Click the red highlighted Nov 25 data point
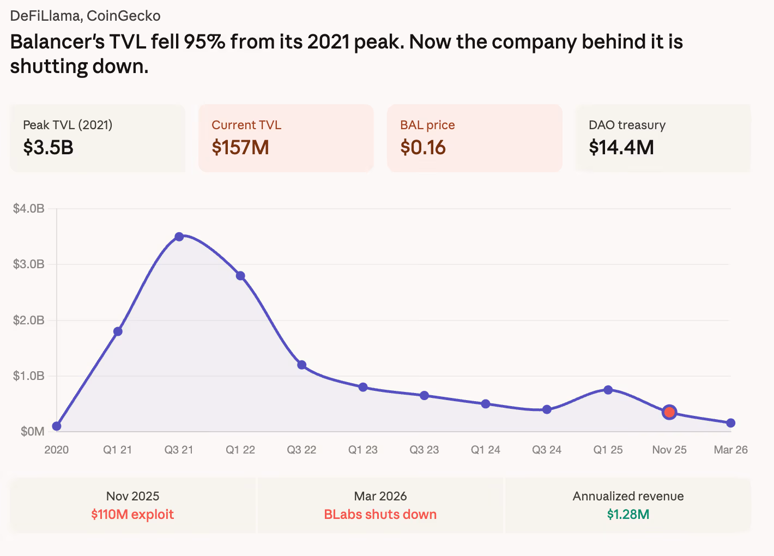coord(669,412)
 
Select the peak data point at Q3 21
coord(179,237)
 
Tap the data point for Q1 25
coord(608,390)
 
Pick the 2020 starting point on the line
coord(57,426)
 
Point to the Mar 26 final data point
coord(731,423)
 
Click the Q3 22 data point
coord(301,365)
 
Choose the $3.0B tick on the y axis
coord(29,264)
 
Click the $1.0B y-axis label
coord(29,376)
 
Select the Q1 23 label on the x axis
coord(363,450)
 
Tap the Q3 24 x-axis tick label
coord(547,450)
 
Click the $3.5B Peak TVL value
coord(49,147)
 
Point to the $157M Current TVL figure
coord(240,147)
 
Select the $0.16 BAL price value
coord(423,147)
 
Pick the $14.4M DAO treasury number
coord(621,147)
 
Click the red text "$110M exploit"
coord(132,515)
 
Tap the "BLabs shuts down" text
coord(380,515)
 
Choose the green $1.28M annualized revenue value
coord(628,515)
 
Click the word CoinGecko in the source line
coord(124,16)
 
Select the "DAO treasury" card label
coord(627,125)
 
